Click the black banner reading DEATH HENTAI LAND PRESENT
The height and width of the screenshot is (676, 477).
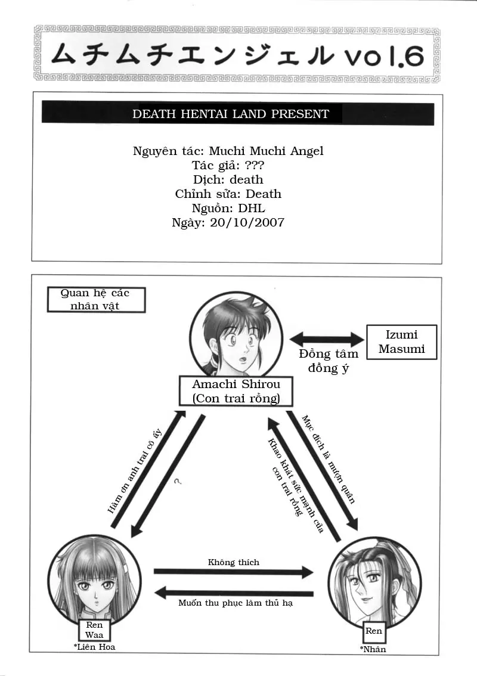pyautogui.click(x=237, y=113)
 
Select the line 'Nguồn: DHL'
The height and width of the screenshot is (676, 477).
pyautogui.click(x=228, y=208)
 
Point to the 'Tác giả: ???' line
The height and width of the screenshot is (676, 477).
pyautogui.click(x=228, y=165)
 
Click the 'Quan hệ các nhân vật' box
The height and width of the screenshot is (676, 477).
pyautogui.click(x=95, y=299)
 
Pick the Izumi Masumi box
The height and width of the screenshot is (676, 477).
pyautogui.click(x=401, y=342)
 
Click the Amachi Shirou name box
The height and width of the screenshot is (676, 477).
pyautogui.click(x=236, y=391)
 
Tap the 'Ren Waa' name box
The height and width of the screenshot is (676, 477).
pyautogui.click(x=94, y=630)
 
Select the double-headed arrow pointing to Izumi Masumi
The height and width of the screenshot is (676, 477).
pyautogui.click(x=326, y=340)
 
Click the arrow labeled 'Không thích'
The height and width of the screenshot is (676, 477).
pyautogui.click(x=233, y=572)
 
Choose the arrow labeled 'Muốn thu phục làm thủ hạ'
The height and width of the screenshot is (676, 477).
pyautogui.click(x=234, y=593)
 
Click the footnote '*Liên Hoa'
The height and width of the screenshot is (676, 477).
pyautogui.click(x=94, y=647)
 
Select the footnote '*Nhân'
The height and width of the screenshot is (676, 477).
pyautogui.click(x=373, y=649)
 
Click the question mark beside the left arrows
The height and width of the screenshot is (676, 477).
pyautogui.click(x=178, y=481)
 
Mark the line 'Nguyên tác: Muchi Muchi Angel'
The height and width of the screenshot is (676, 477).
pyautogui.click(x=228, y=151)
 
